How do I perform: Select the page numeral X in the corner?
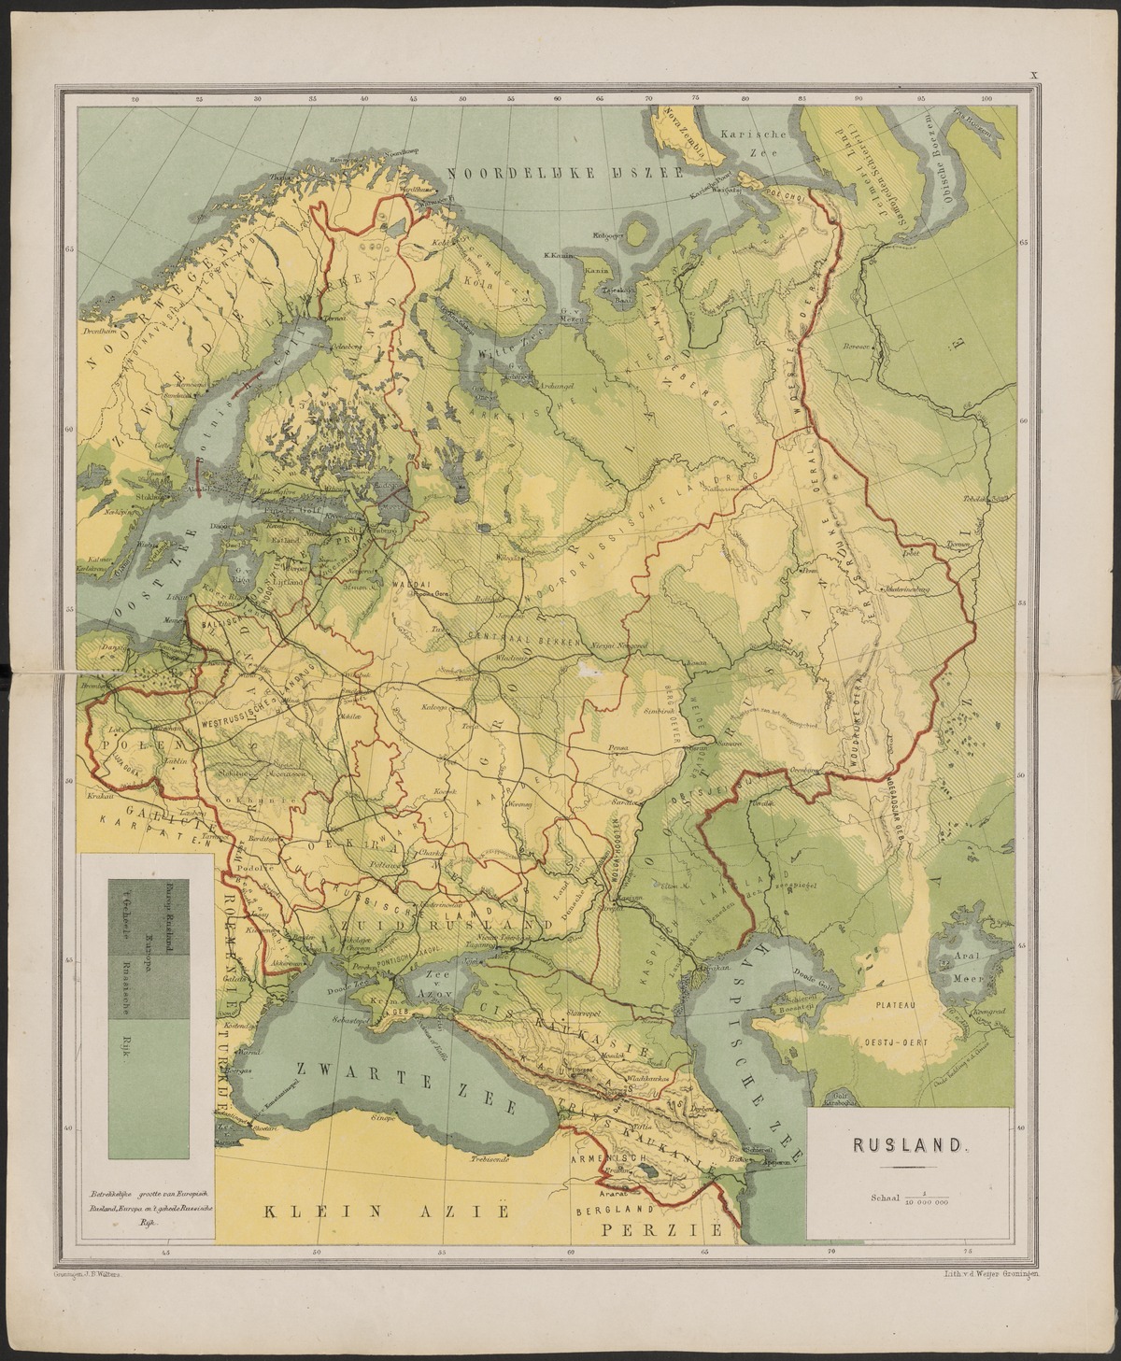click(x=1034, y=75)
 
